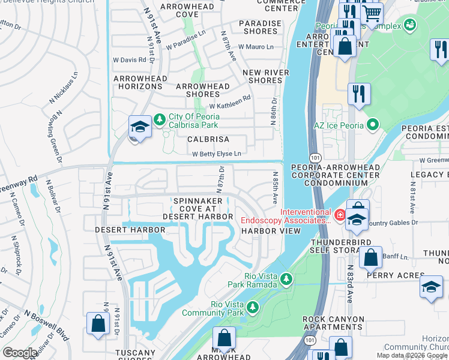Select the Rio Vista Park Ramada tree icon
pos(287,278)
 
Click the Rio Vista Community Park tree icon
pos(253,307)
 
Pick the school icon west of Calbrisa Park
pos(139,127)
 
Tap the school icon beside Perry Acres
pos(431,287)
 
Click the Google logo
pos(20,353)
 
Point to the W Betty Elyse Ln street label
pos(217,154)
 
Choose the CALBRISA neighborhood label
pos(208,139)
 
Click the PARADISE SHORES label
pos(259,28)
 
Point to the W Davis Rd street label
pos(130,60)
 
